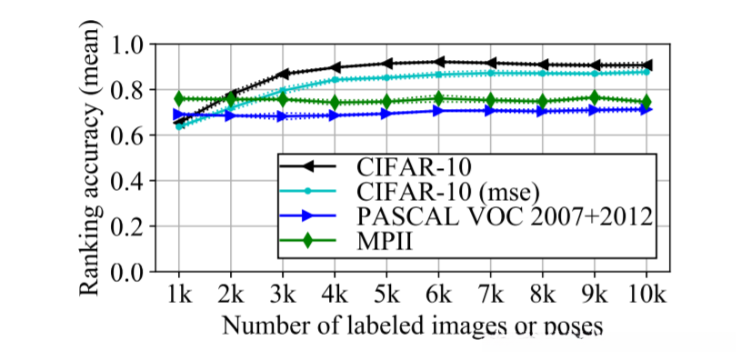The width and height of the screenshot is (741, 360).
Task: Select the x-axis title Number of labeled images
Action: tap(410, 325)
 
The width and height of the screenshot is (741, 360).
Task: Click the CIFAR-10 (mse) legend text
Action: tap(446, 192)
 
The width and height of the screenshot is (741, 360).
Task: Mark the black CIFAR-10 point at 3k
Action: tap(284, 74)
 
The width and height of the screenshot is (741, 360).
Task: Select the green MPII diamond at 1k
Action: tap(179, 98)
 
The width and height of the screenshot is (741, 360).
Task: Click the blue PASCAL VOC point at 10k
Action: tap(646, 109)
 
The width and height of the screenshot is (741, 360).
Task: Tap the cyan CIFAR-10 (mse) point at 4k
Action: tap(335, 80)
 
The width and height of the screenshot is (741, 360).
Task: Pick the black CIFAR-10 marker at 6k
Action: tap(439, 62)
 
